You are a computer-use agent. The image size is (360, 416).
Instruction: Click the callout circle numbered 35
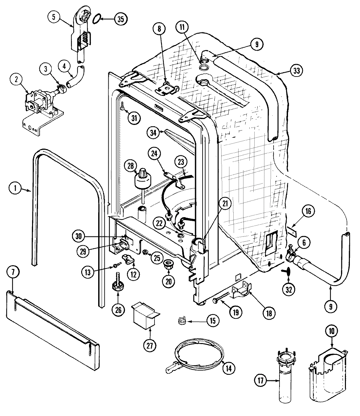click(121, 19)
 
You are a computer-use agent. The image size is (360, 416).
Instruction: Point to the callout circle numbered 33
click(296, 70)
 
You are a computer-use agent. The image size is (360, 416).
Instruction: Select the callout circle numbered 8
click(159, 28)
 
